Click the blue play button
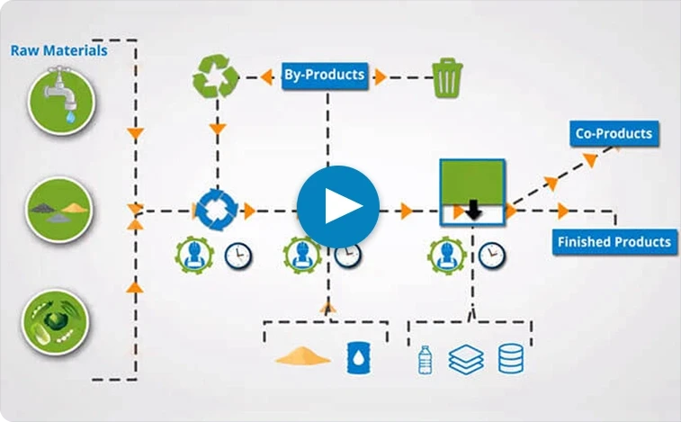click(x=338, y=207)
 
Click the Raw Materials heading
click(x=59, y=50)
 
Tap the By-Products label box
click(x=325, y=76)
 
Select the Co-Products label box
click(x=614, y=133)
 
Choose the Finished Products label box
click(x=614, y=242)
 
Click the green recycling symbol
click(x=215, y=76)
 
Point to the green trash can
click(x=447, y=77)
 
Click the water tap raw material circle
click(x=61, y=102)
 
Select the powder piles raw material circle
click(x=59, y=210)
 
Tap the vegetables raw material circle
click(x=55, y=322)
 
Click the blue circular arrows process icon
click(x=216, y=210)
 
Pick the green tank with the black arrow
click(x=472, y=192)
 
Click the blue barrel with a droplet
click(x=358, y=358)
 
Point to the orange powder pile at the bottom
click(x=302, y=355)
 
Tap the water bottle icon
click(x=425, y=360)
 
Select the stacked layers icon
click(x=466, y=359)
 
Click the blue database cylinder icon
click(x=511, y=358)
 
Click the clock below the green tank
click(x=492, y=256)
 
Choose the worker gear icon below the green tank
click(x=446, y=256)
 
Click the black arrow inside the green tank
click(x=473, y=210)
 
